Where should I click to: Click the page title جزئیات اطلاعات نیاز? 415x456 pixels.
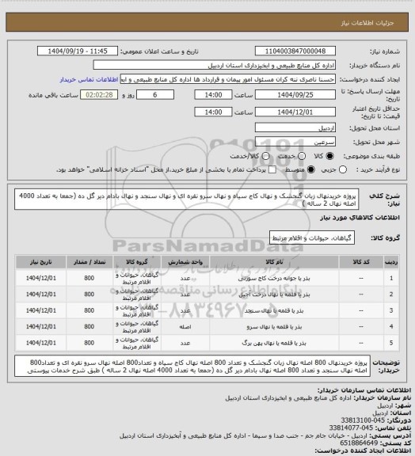372,9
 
